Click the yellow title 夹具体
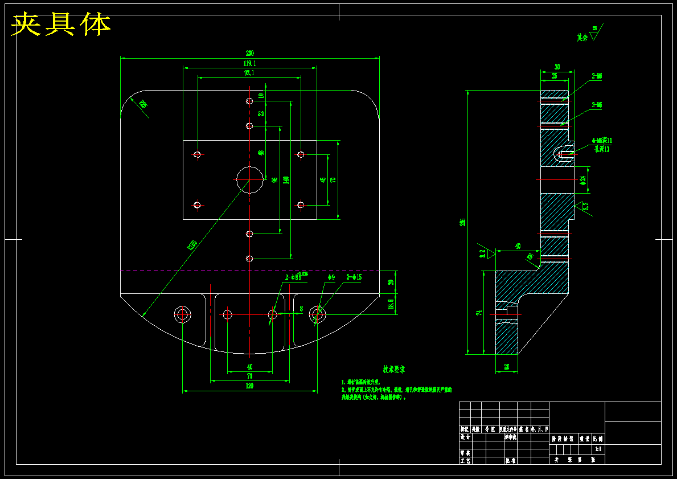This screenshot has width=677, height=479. click(61, 24)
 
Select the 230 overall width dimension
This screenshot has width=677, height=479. click(249, 54)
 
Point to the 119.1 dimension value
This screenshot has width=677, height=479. click(249, 63)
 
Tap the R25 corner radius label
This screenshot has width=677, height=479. click(142, 104)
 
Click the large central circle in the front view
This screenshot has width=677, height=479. click(250, 180)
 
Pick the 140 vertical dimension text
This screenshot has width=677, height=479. click(286, 179)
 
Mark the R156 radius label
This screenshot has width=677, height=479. click(192, 245)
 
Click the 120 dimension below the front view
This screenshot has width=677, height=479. click(249, 386)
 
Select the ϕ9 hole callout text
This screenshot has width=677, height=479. click(331, 277)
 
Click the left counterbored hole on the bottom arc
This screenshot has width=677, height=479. click(183, 314)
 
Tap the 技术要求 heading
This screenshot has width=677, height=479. click(393, 370)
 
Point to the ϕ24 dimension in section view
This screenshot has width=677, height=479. click(583, 180)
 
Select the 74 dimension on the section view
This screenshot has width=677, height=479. click(479, 313)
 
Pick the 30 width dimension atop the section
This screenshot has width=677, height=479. click(557, 67)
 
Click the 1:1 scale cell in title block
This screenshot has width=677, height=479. click(598, 449)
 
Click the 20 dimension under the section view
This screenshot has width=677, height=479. click(507, 368)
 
